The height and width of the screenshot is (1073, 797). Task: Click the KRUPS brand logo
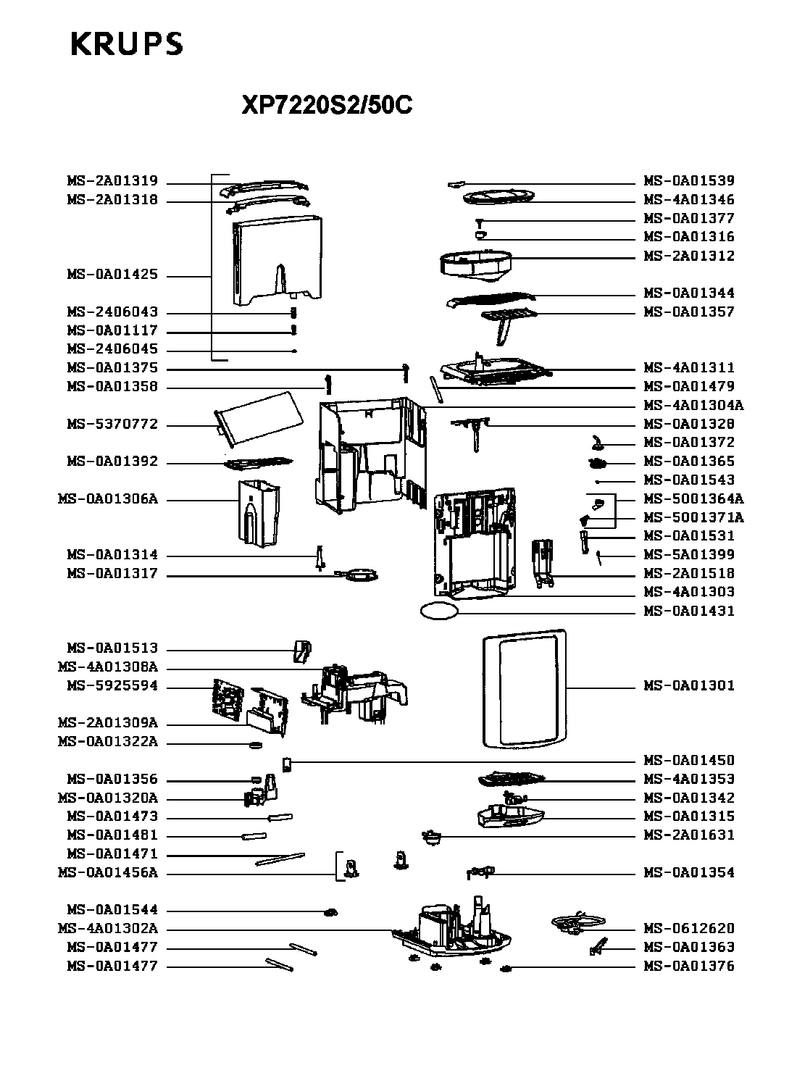[127, 44]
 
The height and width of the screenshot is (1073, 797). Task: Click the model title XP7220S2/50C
[327, 104]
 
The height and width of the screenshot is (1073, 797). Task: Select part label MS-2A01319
[112, 181]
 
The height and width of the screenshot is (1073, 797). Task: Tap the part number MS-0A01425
[112, 275]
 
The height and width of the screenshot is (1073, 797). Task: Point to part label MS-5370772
[112, 424]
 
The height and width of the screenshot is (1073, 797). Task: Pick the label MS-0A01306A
[108, 498]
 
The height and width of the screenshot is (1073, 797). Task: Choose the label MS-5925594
[112, 685]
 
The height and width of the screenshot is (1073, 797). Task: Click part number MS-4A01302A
[108, 928]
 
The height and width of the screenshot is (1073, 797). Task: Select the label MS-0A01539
[689, 181]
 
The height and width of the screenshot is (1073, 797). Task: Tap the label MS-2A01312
[689, 256]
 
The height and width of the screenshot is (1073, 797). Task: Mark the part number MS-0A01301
[689, 685]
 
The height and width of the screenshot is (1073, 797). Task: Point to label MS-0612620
[689, 928]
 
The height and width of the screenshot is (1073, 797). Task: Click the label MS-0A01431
[689, 611]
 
